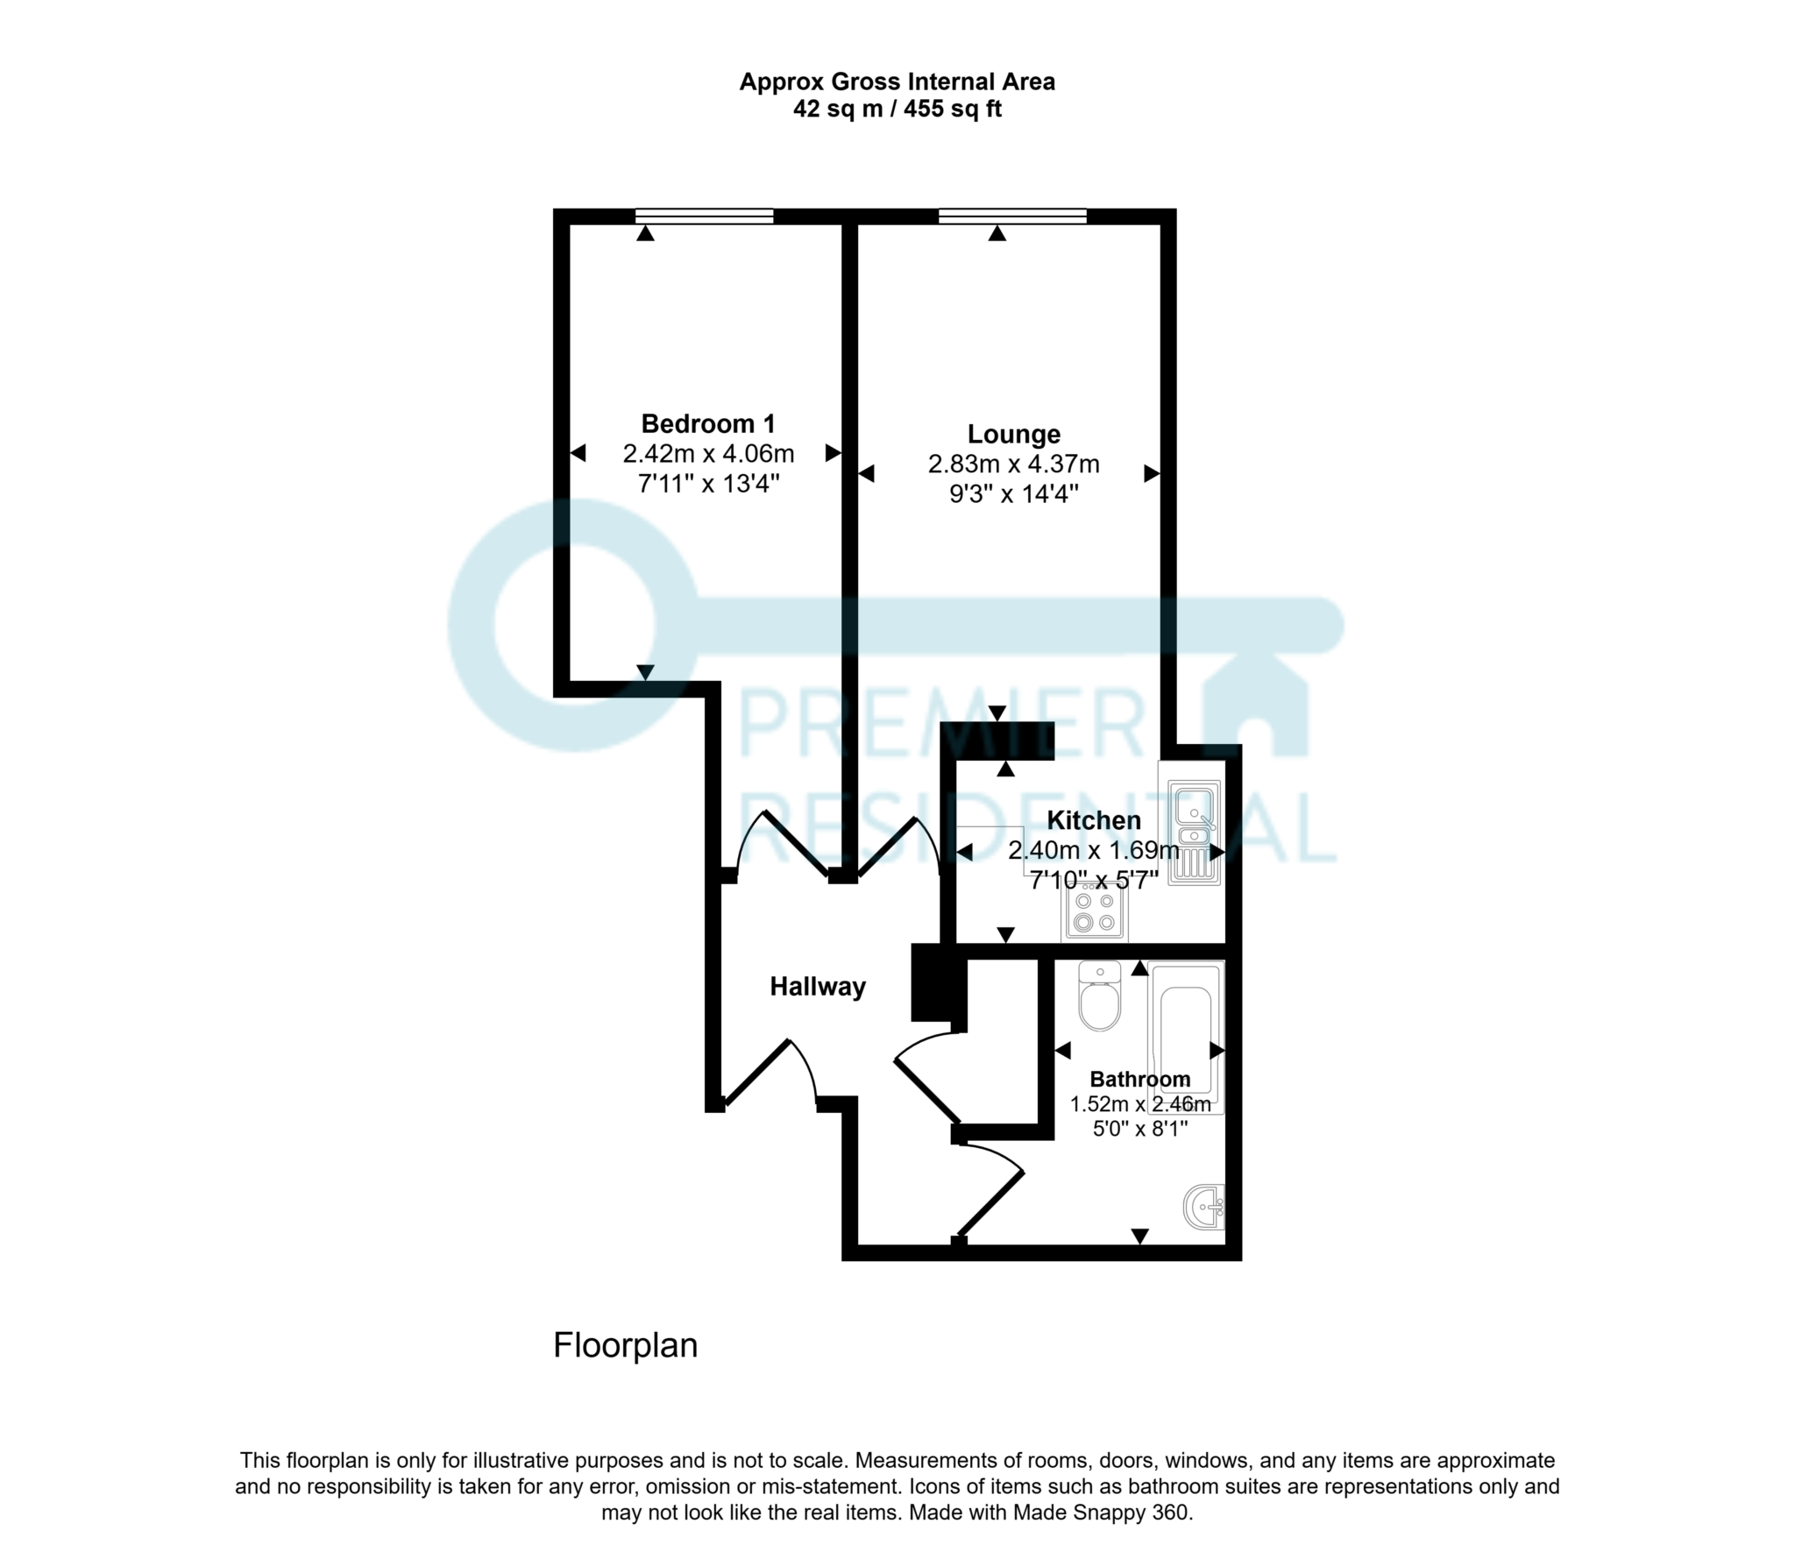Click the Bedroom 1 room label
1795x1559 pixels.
(x=708, y=424)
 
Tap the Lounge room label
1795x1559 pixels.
(x=1013, y=435)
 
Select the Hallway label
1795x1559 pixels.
(x=817, y=987)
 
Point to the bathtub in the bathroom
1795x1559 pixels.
(x=1185, y=1035)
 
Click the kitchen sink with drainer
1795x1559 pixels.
(x=1194, y=832)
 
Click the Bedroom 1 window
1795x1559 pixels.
(x=705, y=216)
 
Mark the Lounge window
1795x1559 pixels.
(x=1012, y=216)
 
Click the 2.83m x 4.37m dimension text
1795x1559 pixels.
(x=1013, y=464)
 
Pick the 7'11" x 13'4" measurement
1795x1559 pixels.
(x=708, y=483)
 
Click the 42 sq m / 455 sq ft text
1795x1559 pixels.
(x=897, y=110)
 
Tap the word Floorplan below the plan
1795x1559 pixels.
(x=625, y=1345)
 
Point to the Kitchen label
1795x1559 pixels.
(x=1094, y=821)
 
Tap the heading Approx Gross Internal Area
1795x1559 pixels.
(x=897, y=82)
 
